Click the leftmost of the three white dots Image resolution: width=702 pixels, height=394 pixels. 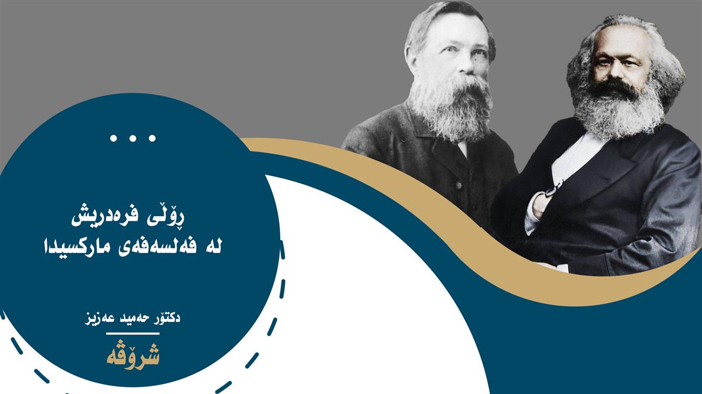coord(113,138)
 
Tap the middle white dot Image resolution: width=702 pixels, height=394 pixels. coord(133,138)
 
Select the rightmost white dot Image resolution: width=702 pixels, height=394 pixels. coord(152,138)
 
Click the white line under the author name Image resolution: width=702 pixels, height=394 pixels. coord(133,334)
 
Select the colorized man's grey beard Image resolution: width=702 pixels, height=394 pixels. coord(619,108)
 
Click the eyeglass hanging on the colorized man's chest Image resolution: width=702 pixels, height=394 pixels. coord(551,189)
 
